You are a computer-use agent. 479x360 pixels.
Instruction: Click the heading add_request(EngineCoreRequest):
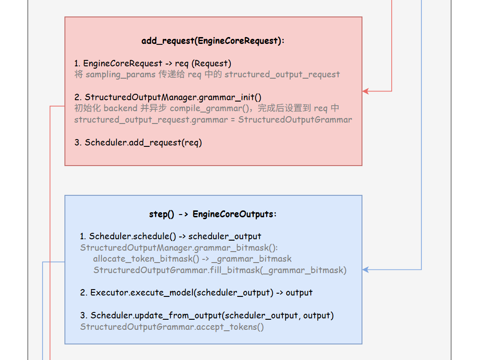tap(213, 41)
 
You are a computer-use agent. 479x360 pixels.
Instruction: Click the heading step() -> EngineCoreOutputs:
tap(213, 214)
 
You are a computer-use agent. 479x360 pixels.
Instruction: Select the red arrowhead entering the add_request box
tap(366, 91)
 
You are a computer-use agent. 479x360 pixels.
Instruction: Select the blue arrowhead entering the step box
tap(366, 269)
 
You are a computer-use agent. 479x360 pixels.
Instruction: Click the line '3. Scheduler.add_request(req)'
tap(138, 142)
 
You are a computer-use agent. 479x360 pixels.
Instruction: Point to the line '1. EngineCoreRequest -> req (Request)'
tap(153, 63)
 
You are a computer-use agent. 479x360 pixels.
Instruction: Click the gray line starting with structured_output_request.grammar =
tap(213, 120)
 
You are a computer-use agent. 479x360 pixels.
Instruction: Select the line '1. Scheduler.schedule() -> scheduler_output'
tap(170, 236)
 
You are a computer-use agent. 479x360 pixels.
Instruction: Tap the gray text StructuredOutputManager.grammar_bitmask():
tap(179, 248)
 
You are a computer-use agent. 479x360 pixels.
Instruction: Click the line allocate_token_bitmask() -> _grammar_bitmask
tap(192, 259)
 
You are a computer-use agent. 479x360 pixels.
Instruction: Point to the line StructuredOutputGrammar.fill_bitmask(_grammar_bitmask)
tap(220, 270)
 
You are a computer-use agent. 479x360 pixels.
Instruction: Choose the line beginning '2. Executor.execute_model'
tap(196, 292)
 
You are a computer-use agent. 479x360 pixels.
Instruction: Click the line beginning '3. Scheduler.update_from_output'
tap(207, 315)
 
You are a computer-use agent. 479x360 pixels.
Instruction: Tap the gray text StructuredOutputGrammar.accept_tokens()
tap(172, 327)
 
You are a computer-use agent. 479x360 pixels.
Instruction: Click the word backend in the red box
tap(120, 108)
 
